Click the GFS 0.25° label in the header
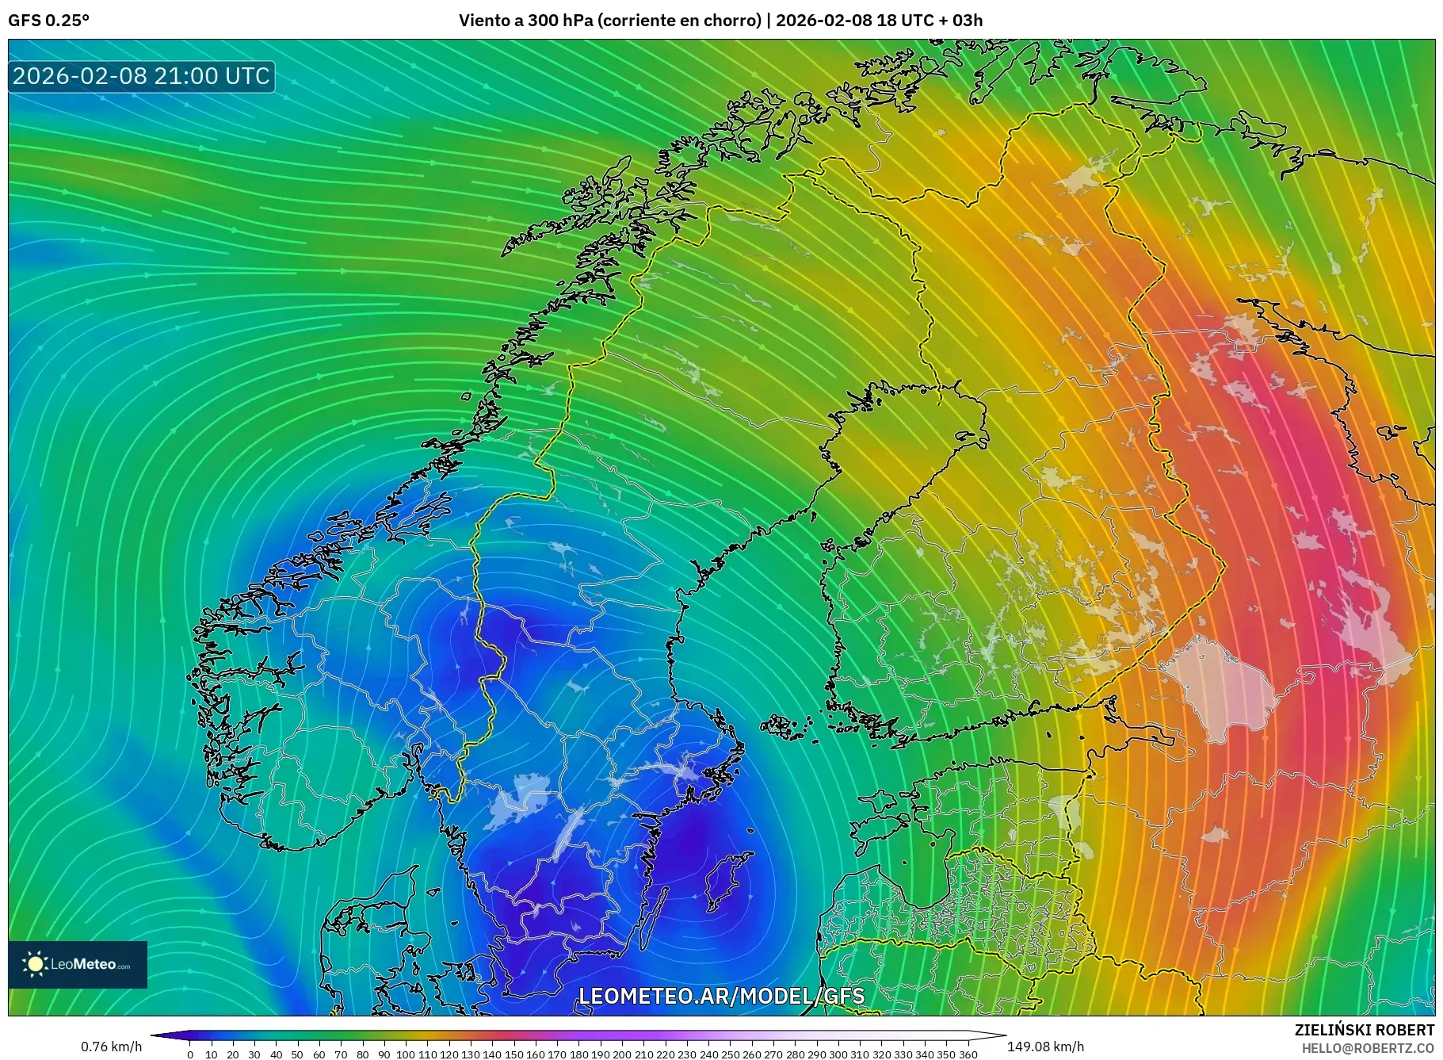click(48, 21)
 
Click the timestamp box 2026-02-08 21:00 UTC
click(141, 76)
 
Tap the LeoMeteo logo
click(78, 964)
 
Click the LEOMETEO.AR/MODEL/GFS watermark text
click(721, 996)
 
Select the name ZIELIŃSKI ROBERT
click(1364, 1030)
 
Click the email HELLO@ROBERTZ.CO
click(1368, 1048)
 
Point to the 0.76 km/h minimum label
click(111, 1047)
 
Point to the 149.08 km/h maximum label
click(1045, 1047)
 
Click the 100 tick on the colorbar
click(406, 1054)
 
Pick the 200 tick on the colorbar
click(622, 1054)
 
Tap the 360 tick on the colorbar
click(968, 1054)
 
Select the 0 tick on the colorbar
click(190, 1054)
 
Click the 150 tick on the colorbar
click(513, 1054)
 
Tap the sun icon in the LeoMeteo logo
click(35, 964)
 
